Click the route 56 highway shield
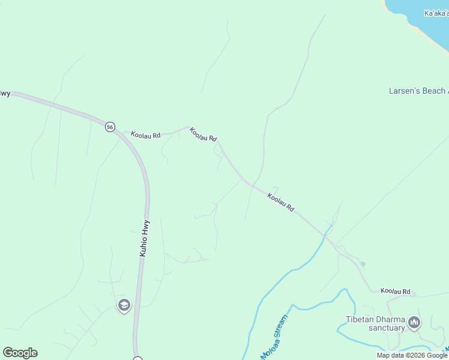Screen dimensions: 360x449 tap(109, 127)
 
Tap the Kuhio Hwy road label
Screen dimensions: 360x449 tap(143, 238)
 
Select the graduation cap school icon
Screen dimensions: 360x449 tap(124, 306)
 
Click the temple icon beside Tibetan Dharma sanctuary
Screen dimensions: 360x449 tap(414, 323)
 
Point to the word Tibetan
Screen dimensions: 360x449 tap(361, 319)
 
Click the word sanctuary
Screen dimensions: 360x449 tap(387, 328)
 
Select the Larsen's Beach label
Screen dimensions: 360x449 tap(418, 91)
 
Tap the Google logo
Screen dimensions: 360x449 tap(20, 353)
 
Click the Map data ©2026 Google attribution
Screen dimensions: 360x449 tap(412, 355)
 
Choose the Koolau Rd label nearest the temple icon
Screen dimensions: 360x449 tap(395, 292)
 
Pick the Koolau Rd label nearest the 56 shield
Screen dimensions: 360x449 tap(146, 136)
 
